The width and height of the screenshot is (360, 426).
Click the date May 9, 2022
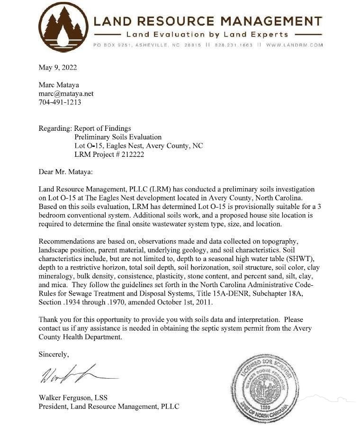(x=57, y=67)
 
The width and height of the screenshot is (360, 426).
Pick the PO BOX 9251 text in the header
(x=111, y=45)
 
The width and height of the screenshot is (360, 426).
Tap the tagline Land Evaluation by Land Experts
(x=207, y=35)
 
